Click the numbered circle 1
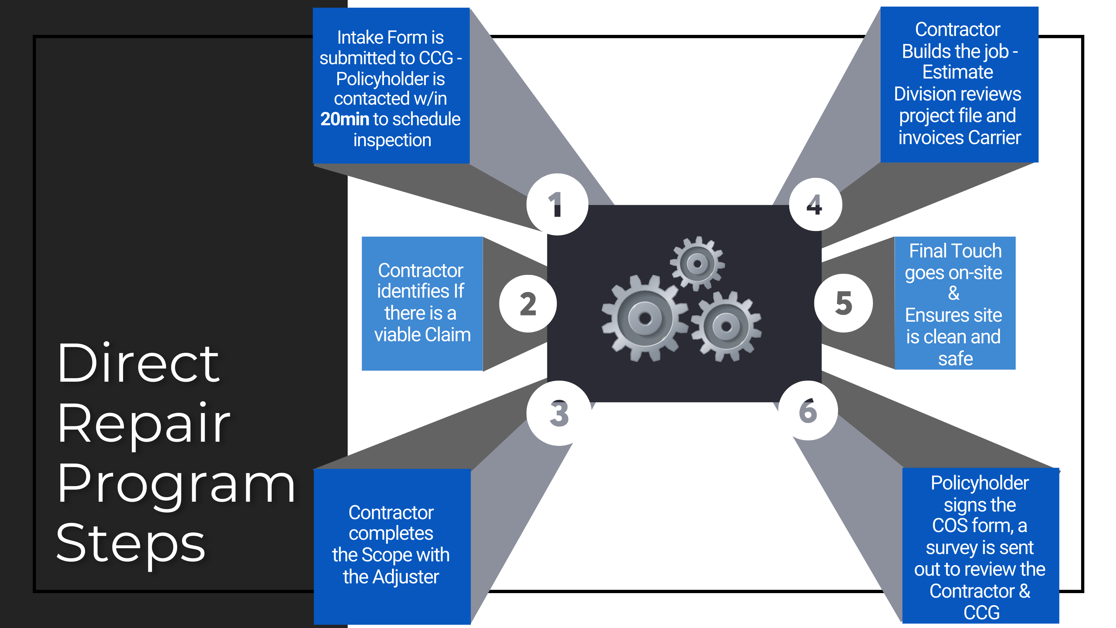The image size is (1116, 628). click(557, 204)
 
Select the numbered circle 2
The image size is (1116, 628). click(528, 304)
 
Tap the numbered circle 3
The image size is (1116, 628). click(559, 413)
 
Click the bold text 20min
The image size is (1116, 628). click(345, 119)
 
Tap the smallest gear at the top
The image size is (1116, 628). click(697, 263)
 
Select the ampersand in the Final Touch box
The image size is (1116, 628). click(953, 293)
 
